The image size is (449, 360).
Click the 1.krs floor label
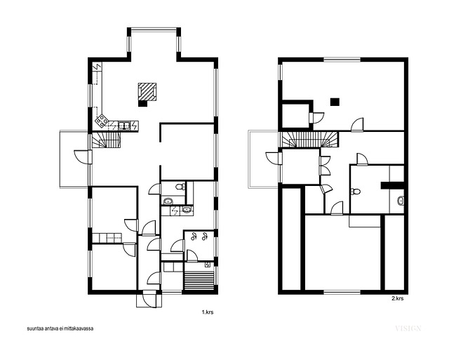pos(208,312)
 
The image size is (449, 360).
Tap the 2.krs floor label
pos(398,298)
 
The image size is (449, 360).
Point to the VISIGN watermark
pos(408,328)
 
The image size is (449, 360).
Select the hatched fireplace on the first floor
pos(147,92)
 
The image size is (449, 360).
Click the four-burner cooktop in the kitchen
pos(102,121)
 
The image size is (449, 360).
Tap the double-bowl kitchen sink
pos(124,125)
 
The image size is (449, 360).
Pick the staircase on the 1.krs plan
pos(106,140)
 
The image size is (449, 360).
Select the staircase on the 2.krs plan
pos(310,140)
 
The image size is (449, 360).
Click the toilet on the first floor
pos(180,187)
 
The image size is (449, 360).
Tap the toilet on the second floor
pos(356,192)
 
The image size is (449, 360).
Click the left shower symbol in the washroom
pos(194,236)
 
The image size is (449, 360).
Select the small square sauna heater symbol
pos(208,265)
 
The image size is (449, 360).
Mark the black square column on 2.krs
pos(335,102)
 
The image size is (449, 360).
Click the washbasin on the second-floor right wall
pos(401,201)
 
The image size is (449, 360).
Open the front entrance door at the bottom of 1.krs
pos(149,299)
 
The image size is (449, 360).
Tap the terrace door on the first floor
pos(83,156)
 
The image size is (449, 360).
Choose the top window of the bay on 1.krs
pos(154,29)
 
